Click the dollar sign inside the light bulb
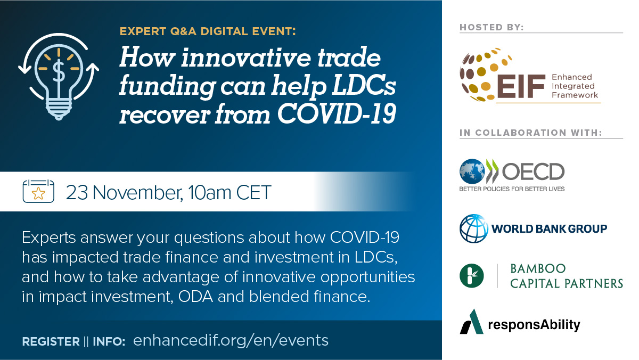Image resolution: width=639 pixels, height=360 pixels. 59,71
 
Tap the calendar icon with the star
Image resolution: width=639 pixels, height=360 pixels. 38,191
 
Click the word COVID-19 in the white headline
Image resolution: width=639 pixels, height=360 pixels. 337,114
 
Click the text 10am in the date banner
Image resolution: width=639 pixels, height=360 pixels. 209,193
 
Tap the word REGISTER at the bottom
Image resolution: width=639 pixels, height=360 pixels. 51,342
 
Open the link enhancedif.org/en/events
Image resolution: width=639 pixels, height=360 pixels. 231,341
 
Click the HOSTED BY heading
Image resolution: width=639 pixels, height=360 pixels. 491,27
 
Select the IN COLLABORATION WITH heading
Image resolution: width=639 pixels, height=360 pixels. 530,133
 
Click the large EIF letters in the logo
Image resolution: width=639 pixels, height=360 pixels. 521,86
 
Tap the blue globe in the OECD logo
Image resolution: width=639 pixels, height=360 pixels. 472,171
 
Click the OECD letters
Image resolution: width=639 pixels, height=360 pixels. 533,171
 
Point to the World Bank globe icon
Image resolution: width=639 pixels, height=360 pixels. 474,228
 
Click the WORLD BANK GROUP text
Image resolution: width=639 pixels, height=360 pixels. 549,229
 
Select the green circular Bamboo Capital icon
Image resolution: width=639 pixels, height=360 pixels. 472,275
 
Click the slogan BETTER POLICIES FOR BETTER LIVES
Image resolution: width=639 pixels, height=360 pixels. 512,189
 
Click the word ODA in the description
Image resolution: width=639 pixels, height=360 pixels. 195,297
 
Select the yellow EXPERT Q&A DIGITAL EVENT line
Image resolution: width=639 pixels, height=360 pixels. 208,31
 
